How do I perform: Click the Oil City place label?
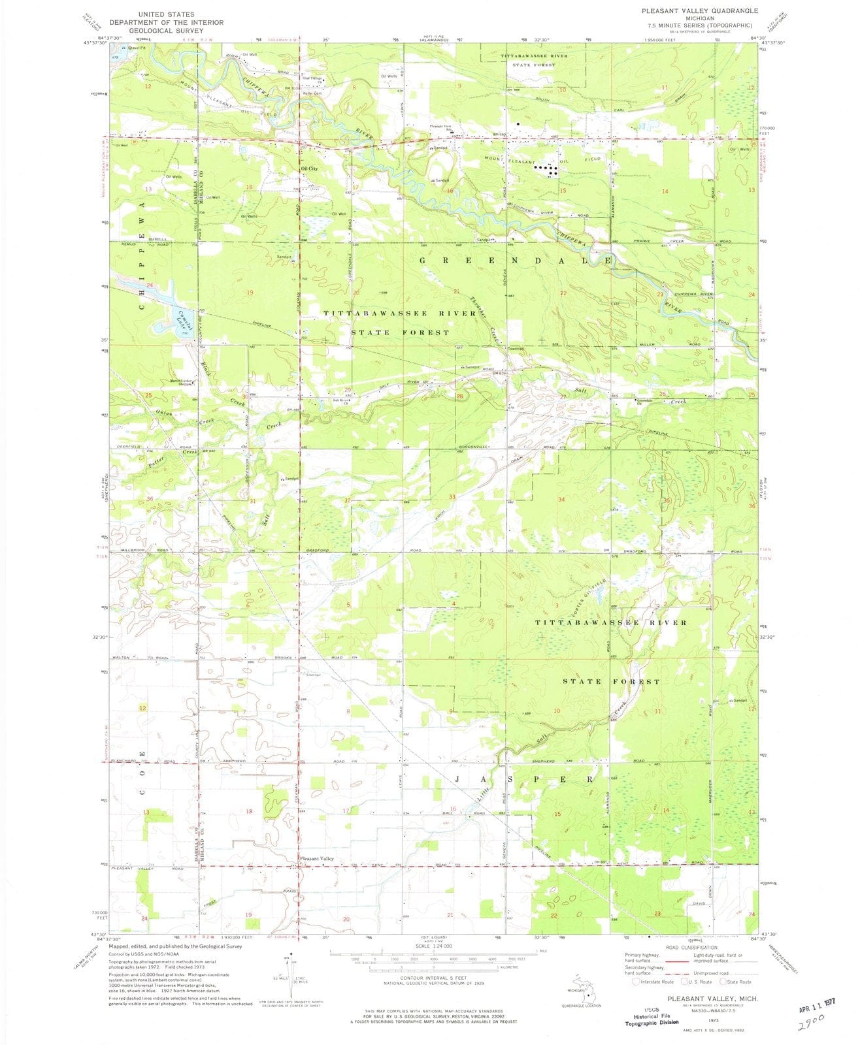308,169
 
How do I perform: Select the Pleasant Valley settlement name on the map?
316,859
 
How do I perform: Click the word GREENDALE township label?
516,260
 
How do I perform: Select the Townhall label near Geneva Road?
516,349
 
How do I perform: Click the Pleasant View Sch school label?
440,127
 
